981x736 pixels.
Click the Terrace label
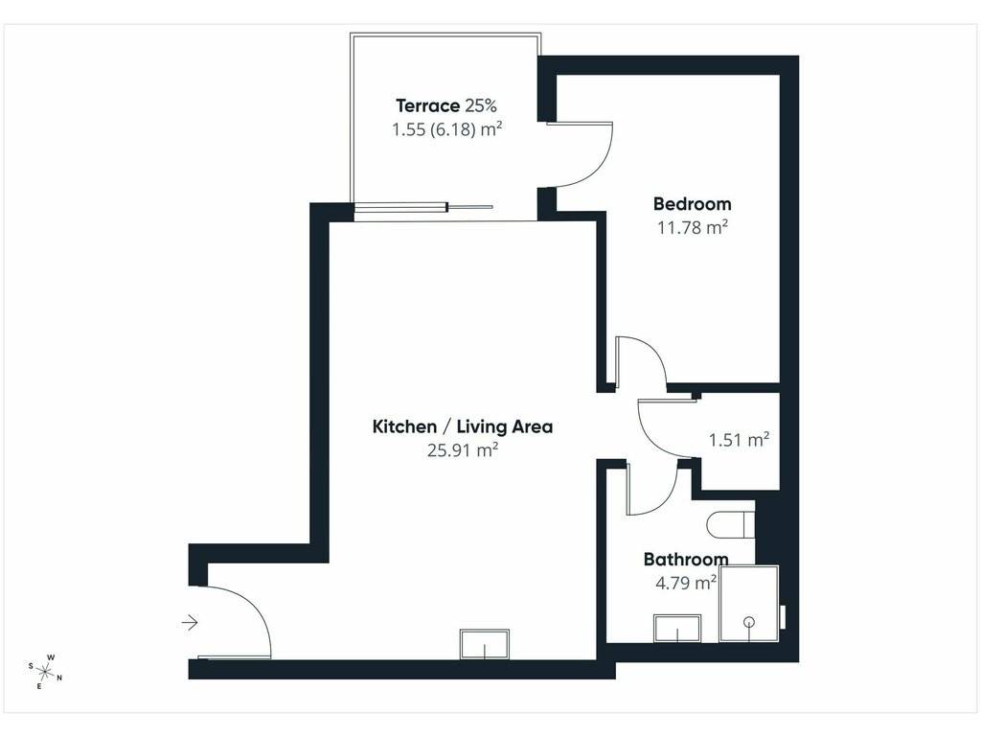click(428, 105)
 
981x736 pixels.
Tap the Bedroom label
click(692, 204)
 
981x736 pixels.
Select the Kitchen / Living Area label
click(463, 426)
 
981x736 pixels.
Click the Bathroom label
click(686, 559)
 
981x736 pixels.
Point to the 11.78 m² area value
click(692, 227)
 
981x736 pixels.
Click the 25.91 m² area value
click(463, 450)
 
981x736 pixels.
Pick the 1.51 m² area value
click(739, 439)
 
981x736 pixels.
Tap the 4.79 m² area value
click(686, 583)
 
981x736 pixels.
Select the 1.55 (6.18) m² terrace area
click(446, 129)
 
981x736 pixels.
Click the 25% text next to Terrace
click(481, 105)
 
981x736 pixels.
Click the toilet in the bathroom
click(731, 524)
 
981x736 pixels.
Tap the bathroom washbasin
click(677, 628)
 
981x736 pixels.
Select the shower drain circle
click(749, 621)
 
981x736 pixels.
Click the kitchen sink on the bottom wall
click(484, 643)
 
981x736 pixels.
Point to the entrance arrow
click(190, 623)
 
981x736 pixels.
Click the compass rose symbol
click(45, 672)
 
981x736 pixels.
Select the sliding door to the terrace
click(423, 207)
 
